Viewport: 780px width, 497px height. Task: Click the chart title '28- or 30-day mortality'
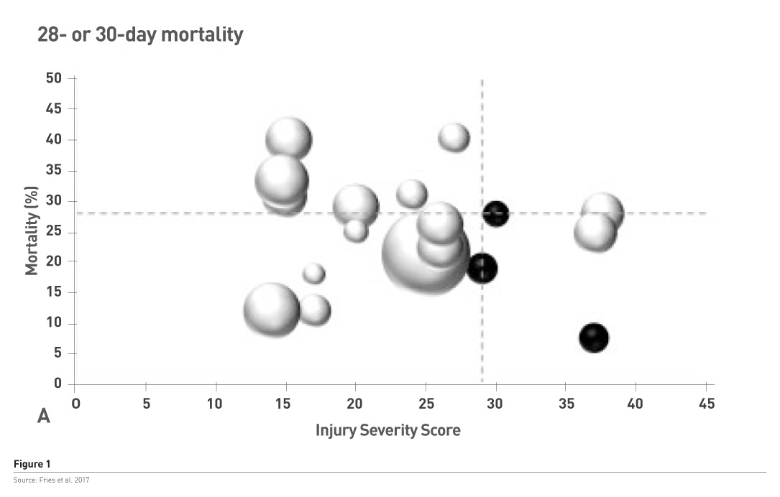(140, 35)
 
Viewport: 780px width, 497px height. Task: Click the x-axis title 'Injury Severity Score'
(388, 430)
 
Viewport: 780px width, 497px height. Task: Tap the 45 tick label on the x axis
(706, 404)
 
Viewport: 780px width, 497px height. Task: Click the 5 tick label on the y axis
(58, 354)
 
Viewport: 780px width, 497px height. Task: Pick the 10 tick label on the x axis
(215, 404)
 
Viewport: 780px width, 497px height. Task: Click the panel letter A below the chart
(44, 417)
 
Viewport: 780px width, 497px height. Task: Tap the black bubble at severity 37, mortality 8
(594, 337)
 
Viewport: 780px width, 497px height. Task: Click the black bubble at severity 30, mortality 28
(495, 213)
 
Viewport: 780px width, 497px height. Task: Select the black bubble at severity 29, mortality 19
(482, 268)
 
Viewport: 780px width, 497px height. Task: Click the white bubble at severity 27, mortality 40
(454, 137)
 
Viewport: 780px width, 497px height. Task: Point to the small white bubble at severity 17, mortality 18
(313, 274)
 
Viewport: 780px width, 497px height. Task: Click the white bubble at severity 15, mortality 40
(289, 139)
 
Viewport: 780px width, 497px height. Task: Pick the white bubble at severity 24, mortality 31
(412, 193)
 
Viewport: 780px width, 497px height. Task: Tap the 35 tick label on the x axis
(566, 404)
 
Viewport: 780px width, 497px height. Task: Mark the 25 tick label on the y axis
(53, 231)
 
